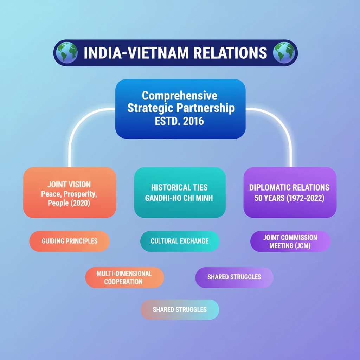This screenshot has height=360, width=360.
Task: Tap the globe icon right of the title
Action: [283, 53]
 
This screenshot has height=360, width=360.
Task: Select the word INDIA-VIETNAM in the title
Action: [137, 53]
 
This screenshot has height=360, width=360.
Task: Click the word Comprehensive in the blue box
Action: [180, 96]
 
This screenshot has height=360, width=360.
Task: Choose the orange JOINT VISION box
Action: [70, 192]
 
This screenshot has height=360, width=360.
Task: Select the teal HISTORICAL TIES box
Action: [180, 192]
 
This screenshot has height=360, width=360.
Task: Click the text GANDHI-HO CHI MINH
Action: [179, 198]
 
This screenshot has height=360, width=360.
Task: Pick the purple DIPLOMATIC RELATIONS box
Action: [290, 192]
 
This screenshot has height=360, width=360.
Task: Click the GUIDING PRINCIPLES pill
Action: [69, 241]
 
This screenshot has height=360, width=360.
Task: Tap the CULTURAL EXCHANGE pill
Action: [179, 241]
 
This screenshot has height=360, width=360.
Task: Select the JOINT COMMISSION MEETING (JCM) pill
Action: [290, 242]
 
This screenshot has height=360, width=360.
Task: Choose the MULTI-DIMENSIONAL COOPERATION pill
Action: [124, 278]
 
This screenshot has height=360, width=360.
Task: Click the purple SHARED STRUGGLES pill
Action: [234, 277]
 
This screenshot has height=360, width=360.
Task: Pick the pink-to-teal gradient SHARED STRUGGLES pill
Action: [180, 310]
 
